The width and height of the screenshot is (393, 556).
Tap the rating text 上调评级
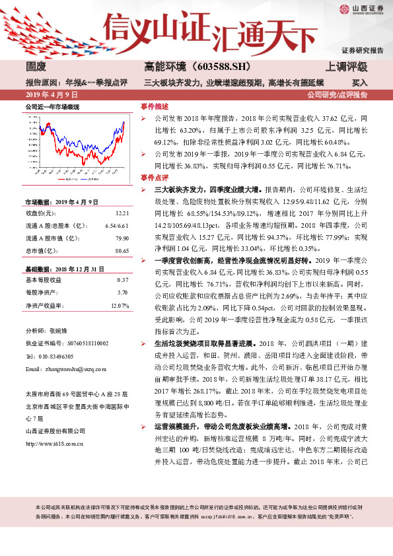point(347,67)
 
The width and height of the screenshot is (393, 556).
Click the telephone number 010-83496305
point(62,357)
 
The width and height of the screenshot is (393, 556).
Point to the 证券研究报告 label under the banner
point(363,50)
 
